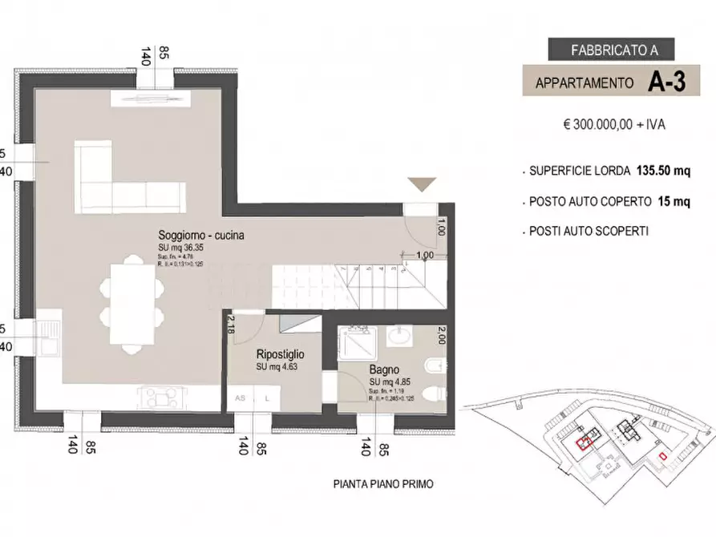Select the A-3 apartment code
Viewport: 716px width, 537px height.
tap(667, 82)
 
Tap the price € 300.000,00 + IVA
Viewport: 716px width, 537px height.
tap(614, 125)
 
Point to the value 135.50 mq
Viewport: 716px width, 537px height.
tap(663, 171)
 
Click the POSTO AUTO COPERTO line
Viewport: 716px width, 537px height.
tap(609, 201)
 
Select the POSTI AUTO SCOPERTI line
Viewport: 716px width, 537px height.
tap(589, 231)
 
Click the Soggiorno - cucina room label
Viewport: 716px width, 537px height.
tap(200, 236)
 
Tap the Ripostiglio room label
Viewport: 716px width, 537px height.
tap(280, 354)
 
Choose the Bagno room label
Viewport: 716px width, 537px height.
tap(380, 369)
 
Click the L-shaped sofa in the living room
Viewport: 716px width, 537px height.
tap(120, 184)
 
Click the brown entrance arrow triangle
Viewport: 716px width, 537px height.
tap(422, 184)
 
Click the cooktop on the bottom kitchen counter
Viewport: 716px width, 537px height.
tap(161, 396)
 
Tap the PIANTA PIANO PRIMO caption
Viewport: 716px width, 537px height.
tap(383, 484)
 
